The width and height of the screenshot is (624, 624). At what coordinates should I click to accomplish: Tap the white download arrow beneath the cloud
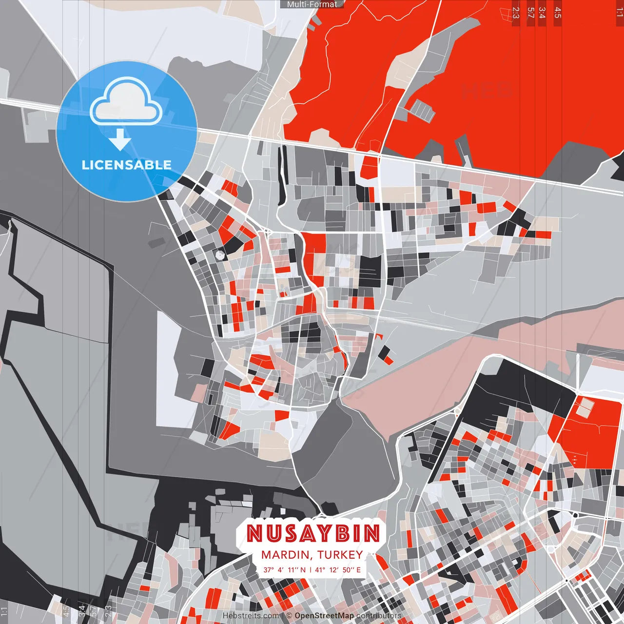(x=120, y=139)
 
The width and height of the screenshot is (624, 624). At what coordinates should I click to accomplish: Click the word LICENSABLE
(x=126, y=165)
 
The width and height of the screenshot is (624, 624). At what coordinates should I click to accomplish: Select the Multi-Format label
(x=312, y=4)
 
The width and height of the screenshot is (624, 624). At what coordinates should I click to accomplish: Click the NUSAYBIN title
(x=312, y=533)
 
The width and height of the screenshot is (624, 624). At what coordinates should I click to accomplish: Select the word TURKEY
(x=340, y=555)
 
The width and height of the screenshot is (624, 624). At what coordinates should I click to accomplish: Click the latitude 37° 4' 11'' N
(x=284, y=569)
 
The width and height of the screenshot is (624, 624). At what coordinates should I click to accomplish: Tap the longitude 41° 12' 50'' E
(x=338, y=569)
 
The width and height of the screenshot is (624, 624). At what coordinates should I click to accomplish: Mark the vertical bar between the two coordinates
(x=311, y=569)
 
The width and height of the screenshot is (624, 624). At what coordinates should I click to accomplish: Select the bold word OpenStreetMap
(x=324, y=616)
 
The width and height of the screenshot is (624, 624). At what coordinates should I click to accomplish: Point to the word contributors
(x=379, y=616)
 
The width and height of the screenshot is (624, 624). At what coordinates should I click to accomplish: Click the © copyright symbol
(x=289, y=616)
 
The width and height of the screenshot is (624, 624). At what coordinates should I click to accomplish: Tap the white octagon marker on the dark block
(x=220, y=254)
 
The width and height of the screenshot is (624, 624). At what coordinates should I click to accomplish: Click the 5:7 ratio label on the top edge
(x=530, y=13)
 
